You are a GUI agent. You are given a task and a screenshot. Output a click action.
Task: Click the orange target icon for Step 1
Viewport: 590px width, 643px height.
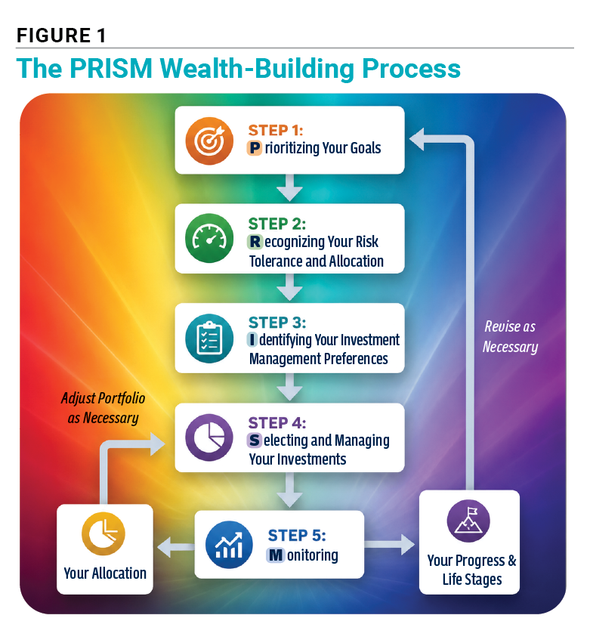[x=209, y=141]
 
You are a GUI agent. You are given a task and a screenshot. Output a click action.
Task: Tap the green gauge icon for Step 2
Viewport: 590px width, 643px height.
[x=209, y=238]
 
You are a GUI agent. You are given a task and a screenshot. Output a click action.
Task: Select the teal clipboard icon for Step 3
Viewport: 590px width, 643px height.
[x=209, y=339]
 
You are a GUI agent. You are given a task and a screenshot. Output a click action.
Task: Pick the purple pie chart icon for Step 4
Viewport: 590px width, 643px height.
[x=209, y=437]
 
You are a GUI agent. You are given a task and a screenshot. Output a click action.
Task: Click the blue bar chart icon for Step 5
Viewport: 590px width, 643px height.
[x=229, y=545]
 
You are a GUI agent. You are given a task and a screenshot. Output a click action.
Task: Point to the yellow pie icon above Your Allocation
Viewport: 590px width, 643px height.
[x=103, y=533]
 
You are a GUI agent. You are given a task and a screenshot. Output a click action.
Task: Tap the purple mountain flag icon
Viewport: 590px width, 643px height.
[x=468, y=521]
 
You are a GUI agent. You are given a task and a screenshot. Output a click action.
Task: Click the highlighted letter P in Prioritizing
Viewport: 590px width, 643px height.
[x=254, y=148]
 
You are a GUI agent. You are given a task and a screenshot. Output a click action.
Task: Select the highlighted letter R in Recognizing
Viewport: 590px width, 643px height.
[x=255, y=242]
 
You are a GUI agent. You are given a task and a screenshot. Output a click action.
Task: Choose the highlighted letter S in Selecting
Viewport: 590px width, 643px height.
[x=254, y=441]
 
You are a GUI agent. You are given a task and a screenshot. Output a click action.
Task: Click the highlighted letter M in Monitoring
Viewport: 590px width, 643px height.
[x=276, y=555]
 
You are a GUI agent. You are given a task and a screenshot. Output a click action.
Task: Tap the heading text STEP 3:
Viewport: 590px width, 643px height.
[x=277, y=323]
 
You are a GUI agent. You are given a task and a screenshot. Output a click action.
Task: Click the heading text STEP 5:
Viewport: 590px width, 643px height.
[x=297, y=536]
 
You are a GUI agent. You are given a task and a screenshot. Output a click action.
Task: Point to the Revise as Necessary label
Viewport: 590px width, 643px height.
[x=510, y=337]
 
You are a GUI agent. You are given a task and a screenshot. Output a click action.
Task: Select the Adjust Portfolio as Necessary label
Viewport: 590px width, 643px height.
[x=103, y=407]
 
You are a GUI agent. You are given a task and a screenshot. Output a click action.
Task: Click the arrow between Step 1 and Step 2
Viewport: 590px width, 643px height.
[x=289, y=188]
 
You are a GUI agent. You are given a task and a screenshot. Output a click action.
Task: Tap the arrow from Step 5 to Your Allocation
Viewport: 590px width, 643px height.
[x=176, y=547]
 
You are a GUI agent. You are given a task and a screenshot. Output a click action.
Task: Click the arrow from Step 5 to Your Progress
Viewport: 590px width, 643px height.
[x=390, y=545]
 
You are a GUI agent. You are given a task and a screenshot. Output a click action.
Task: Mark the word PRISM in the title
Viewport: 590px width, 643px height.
[x=111, y=68]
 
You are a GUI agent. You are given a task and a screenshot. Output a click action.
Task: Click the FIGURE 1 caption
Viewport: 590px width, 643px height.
[x=61, y=36]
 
